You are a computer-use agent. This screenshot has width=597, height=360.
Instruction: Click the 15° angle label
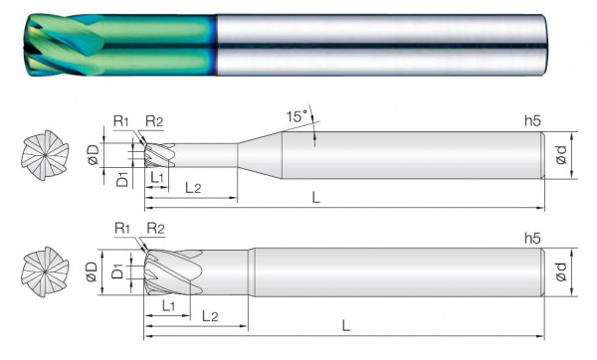click(297, 116)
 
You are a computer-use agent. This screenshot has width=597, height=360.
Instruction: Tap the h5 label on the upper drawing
click(532, 121)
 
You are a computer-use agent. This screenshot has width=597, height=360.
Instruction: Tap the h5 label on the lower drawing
click(532, 239)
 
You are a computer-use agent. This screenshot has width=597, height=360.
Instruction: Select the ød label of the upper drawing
click(561, 155)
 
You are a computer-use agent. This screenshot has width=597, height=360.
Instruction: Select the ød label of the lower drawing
click(561, 271)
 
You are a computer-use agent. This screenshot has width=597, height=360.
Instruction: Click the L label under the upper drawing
click(316, 198)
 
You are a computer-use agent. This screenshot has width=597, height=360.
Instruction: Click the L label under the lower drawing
click(345, 326)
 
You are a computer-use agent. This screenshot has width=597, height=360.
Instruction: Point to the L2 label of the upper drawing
click(193, 188)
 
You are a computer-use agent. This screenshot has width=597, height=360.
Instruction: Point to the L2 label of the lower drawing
click(210, 316)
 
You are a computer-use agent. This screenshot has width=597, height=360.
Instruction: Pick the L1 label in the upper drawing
click(157, 177)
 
